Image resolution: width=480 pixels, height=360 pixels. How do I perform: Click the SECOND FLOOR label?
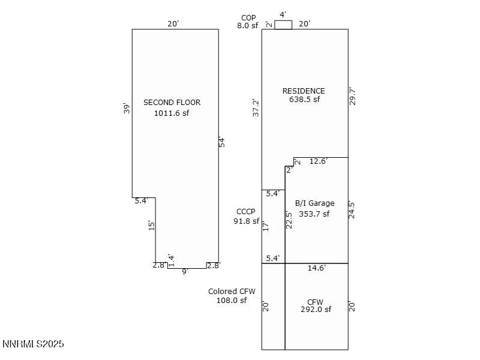pos(172,103)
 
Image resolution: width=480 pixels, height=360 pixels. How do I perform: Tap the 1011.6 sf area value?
pos(172,113)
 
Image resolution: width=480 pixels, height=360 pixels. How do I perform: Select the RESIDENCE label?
pos(304,91)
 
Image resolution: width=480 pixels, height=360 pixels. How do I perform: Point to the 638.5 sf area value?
pos(304,100)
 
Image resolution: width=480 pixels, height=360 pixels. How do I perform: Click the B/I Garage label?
pos(314,203)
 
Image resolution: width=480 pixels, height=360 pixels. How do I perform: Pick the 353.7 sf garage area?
pos(314,214)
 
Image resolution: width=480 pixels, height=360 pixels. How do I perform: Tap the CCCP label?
pos(246,212)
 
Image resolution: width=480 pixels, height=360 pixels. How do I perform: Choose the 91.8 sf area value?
pos(246,221)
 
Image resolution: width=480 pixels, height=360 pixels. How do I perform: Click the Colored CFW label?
pos(232,292)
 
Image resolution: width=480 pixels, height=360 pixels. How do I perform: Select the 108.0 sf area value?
pos(232,301)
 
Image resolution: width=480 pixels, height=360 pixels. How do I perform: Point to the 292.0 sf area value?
pos(316,310)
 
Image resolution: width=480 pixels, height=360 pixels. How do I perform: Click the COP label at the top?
pos(248,18)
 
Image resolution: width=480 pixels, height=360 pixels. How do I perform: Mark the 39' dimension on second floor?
pos(126,109)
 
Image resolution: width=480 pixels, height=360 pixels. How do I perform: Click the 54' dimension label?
pos(221,142)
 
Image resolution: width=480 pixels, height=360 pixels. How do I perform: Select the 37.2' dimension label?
pos(256,107)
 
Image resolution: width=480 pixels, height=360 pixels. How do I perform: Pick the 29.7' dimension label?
pos(353,97)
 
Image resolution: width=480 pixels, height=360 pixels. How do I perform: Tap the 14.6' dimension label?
pos(316,268)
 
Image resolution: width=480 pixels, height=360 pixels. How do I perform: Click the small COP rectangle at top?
pos(283,25)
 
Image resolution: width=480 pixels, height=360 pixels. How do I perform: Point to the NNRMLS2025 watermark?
pos(33,344)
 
